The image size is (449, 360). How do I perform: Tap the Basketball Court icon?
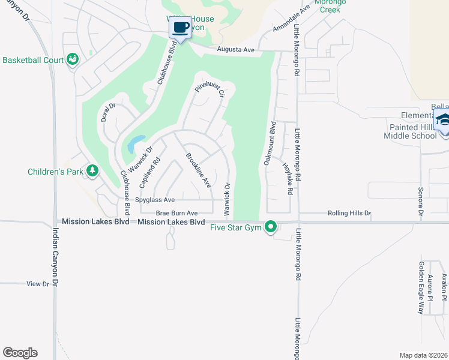[x=73, y=59]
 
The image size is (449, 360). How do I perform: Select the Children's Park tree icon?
[x=92, y=171]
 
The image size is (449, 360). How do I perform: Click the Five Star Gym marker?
[x=271, y=227]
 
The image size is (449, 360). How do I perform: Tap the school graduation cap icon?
[x=442, y=120]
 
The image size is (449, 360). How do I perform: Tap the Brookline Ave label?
[x=197, y=172]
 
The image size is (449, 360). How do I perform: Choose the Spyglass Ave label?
[x=155, y=200]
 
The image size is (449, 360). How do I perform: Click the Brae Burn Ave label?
[x=176, y=213]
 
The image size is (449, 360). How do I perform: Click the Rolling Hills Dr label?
[x=349, y=213]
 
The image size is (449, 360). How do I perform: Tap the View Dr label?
[x=37, y=284]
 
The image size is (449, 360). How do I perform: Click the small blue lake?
[x=134, y=143]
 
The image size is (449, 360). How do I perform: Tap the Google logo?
[x=20, y=353]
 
